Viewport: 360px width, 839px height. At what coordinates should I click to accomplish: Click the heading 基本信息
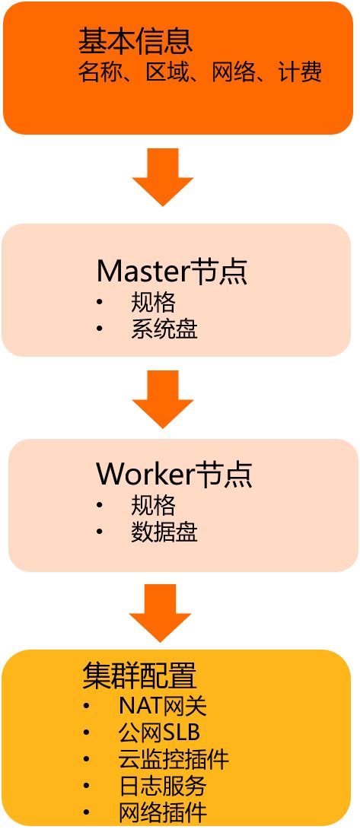tap(135, 42)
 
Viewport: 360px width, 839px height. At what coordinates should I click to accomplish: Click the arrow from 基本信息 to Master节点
tap(163, 176)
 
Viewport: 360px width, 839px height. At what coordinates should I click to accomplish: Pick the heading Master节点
tap(173, 270)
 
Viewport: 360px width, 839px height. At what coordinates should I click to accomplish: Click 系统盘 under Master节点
tap(164, 329)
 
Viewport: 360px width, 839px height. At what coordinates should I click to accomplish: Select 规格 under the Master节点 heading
tap(153, 303)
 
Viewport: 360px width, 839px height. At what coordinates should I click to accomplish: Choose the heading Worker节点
tap(174, 474)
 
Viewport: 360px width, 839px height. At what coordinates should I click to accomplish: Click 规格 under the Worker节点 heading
tap(153, 505)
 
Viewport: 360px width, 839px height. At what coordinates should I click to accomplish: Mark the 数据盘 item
tap(164, 532)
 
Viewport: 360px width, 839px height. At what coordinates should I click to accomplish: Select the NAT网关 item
tap(163, 706)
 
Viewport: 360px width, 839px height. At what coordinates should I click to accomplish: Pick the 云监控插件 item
tap(174, 758)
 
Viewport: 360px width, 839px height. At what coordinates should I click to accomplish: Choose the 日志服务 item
tap(163, 785)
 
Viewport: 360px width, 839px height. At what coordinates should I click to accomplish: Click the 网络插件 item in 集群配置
tap(163, 812)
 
